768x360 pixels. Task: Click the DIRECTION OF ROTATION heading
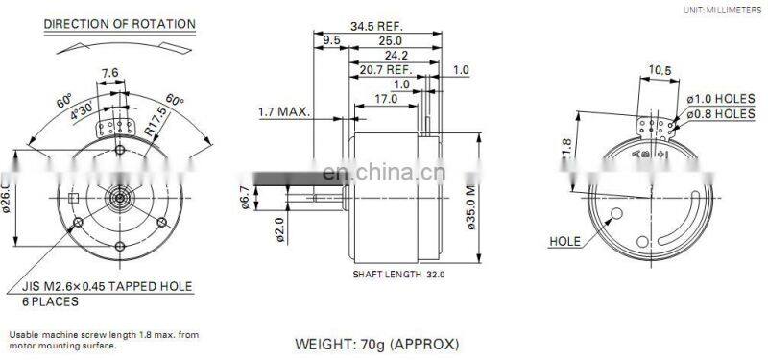[x=120, y=23]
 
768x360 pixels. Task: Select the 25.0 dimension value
[x=389, y=40]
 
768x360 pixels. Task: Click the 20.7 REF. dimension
[x=387, y=70]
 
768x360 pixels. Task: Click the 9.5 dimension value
[x=332, y=40]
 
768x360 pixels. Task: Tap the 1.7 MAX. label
[x=284, y=112]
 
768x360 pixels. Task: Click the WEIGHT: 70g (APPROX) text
[x=376, y=343]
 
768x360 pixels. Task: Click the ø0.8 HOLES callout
[x=720, y=113]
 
